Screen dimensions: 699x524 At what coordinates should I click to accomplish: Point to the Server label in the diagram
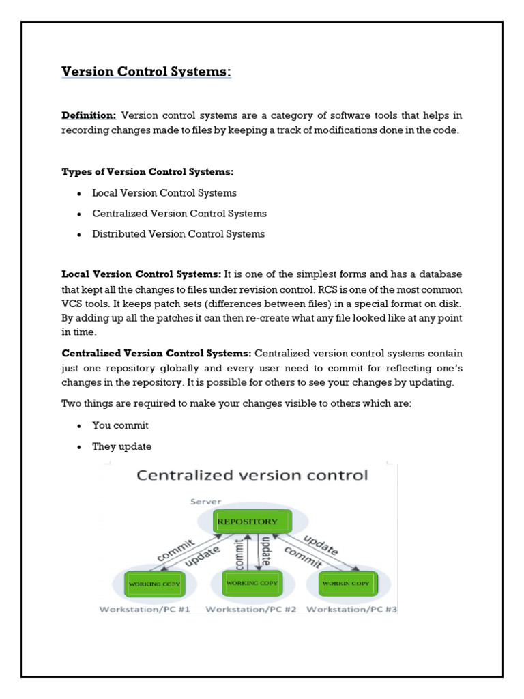click(x=205, y=502)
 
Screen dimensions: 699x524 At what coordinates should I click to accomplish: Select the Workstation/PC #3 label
click(x=352, y=609)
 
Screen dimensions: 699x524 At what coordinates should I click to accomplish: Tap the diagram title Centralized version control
click(x=252, y=476)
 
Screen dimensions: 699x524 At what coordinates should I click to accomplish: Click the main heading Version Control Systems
click(x=147, y=72)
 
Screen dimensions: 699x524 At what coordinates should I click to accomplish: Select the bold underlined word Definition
click(x=89, y=115)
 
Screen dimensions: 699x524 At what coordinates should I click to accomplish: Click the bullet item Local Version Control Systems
click(x=164, y=193)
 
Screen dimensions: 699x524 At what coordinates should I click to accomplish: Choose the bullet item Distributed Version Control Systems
click(x=179, y=234)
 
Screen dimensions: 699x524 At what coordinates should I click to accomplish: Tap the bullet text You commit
click(x=121, y=425)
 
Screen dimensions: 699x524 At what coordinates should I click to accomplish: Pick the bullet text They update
click(x=122, y=446)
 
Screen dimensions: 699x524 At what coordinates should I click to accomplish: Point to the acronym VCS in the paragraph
click(x=72, y=303)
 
